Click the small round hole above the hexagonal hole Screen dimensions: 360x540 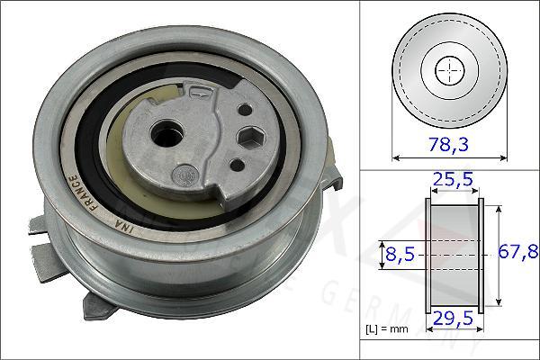coord(243,108)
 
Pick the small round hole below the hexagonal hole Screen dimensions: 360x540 coord(235,164)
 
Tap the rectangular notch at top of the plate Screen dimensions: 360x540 coord(200,90)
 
